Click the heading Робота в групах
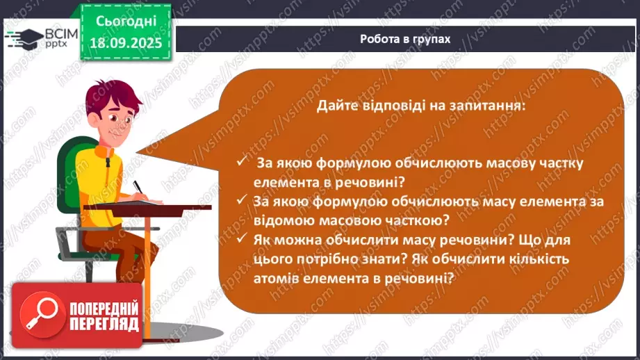(x=405, y=39)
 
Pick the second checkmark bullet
(x=241, y=200)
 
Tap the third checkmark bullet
(x=241, y=239)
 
